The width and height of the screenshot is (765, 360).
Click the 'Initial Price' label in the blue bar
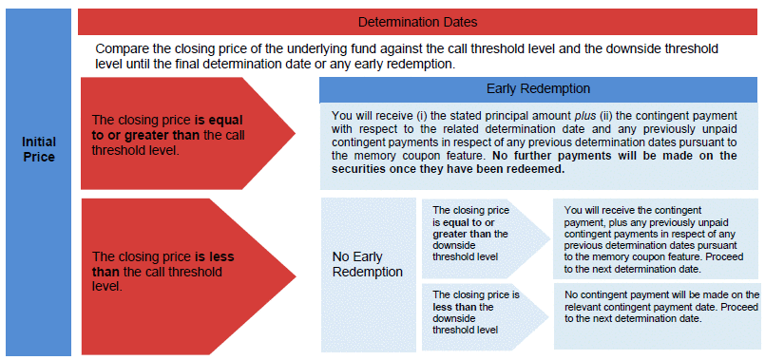pos(39,150)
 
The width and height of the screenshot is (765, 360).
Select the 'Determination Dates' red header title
pos(417,22)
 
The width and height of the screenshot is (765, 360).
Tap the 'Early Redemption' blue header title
pos(538,88)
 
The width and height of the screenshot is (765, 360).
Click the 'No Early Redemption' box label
pos(368,264)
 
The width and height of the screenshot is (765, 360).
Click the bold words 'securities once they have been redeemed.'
pos(449,169)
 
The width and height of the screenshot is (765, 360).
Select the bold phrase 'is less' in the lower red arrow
pos(215,256)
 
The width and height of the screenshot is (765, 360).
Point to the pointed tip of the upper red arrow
pos(296,133)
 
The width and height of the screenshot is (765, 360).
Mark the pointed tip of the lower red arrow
pos(296,276)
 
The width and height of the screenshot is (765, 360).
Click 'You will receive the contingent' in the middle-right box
pos(633,210)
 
